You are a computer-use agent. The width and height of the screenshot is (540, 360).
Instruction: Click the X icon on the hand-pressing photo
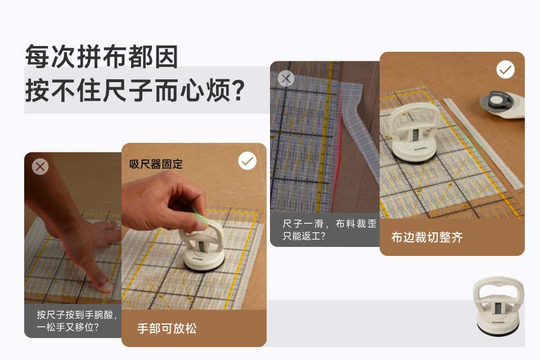(x=40, y=166)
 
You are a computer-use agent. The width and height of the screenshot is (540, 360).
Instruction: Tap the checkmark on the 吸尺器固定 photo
(x=247, y=161)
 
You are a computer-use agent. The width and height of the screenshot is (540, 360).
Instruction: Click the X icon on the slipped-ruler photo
(x=286, y=79)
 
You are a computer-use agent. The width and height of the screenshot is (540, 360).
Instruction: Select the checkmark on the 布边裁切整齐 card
(x=506, y=70)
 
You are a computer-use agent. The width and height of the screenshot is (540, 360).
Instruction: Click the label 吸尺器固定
(x=156, y=164)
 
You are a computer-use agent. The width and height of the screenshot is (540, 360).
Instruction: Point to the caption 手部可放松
(x=166, y=328)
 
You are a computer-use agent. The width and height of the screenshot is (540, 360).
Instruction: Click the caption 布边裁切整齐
(x=427, y=237)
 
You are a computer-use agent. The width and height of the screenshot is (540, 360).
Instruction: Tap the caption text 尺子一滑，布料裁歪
(x=329, y=224)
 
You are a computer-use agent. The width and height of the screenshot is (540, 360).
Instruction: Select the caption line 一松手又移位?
(x=67, y=327)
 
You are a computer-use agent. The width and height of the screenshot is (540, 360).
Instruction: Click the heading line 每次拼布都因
(x=102, y=56)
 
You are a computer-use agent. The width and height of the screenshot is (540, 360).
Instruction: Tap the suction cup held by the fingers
(x=203, y=246)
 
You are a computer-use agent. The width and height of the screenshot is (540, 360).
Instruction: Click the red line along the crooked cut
(x=338, y=161)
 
